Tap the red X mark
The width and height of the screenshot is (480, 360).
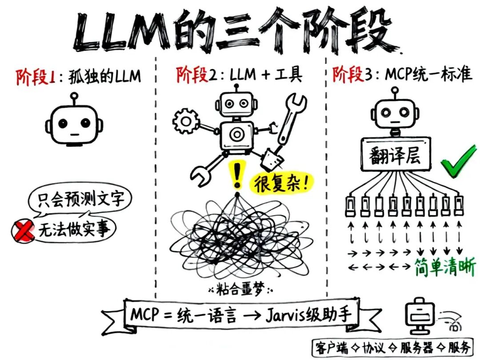point(24,231)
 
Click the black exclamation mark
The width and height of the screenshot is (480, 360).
point(238,176)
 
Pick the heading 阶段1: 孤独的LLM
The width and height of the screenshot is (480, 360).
point(78,76)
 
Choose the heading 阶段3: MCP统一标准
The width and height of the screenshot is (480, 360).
point(402,75)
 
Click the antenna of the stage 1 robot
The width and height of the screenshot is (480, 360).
point(74,99)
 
